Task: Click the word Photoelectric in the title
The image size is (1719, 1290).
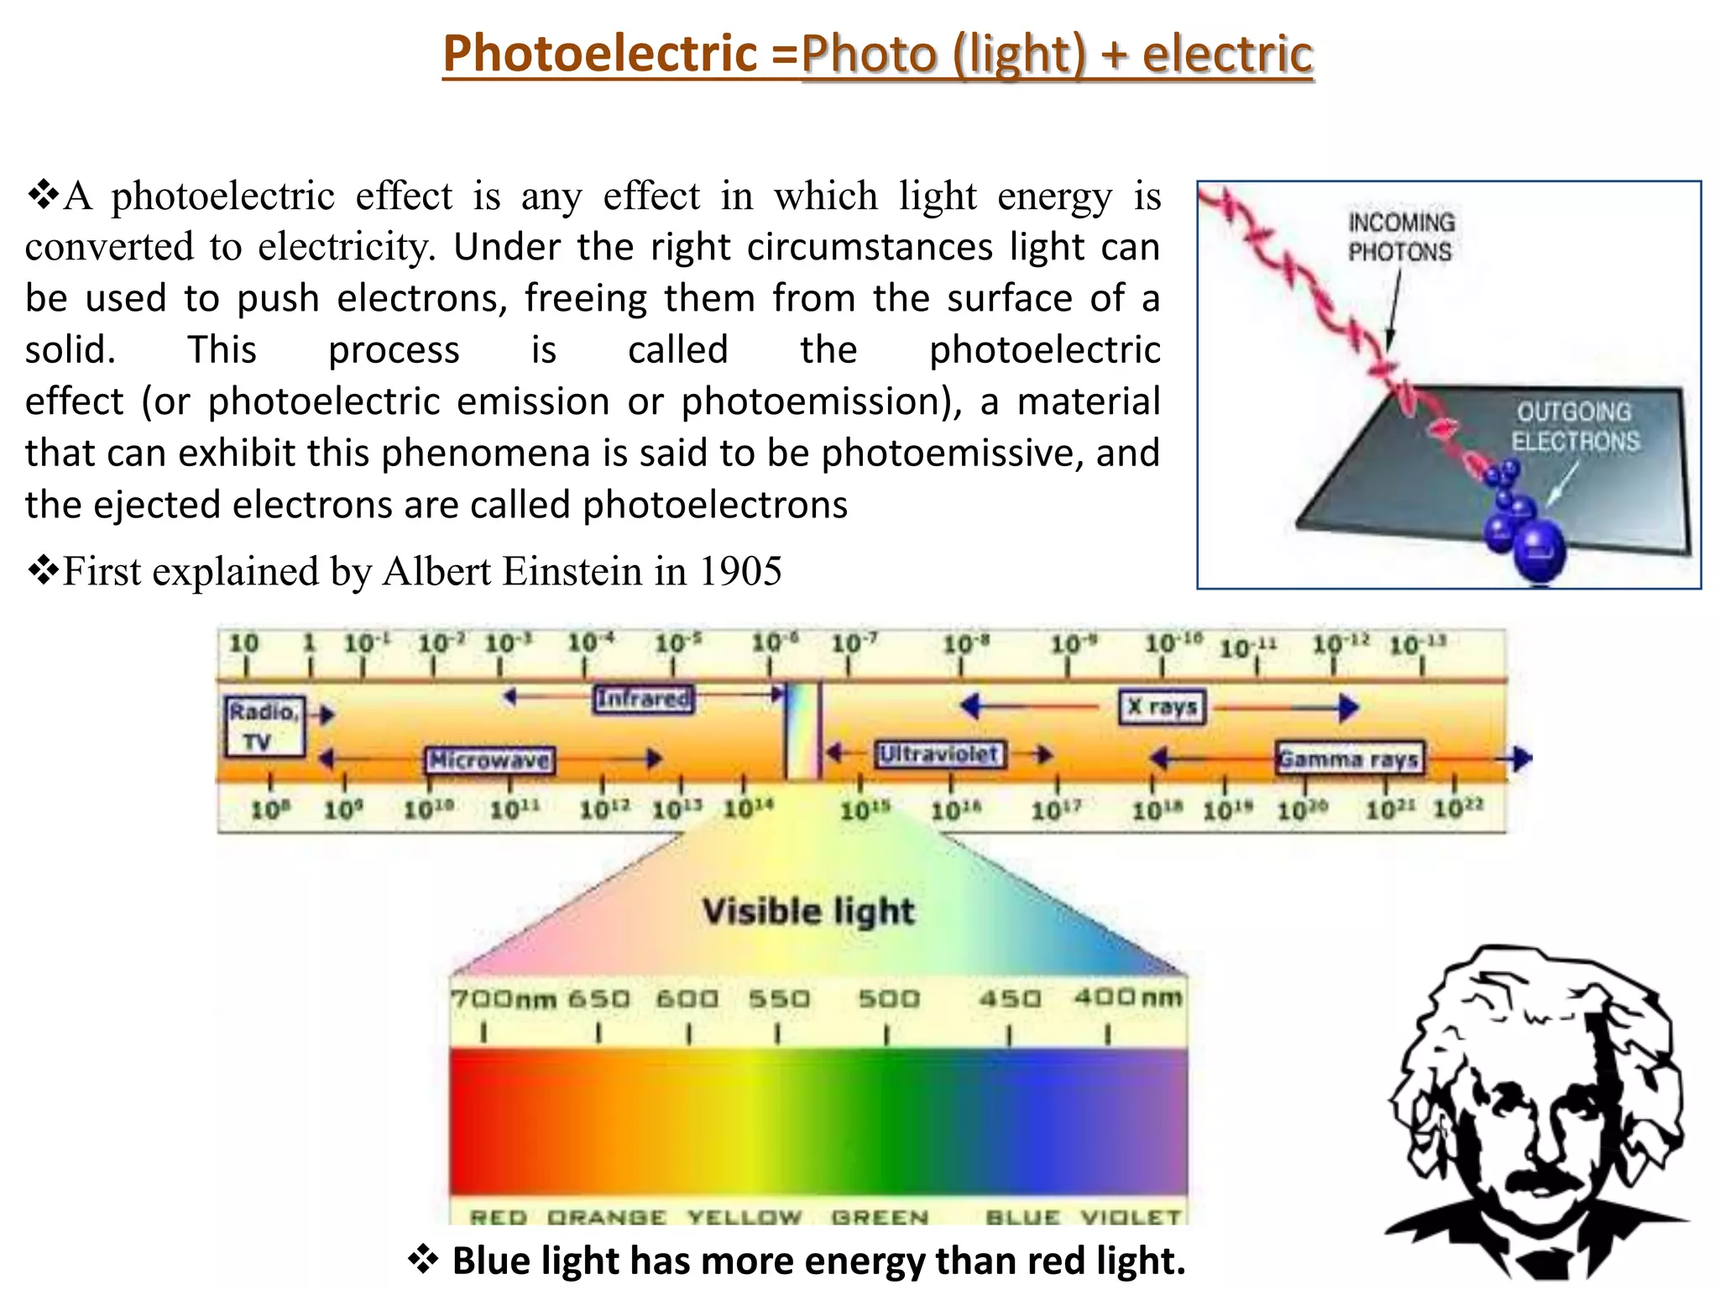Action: tap(600, 54)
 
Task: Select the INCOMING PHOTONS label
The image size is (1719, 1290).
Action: tap(1401, 237)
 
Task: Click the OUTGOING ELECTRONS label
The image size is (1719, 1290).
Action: tap(1575, 427)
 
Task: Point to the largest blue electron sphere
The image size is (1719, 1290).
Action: tap(1539, 550)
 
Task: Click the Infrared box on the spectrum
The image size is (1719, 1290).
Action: tap(644, 699)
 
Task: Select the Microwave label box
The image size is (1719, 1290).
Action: tap(490, 760)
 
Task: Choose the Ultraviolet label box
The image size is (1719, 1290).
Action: tap(938, 753)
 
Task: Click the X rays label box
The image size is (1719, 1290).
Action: tap(1162, 706)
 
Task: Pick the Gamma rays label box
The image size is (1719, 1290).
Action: tap(1349, 758)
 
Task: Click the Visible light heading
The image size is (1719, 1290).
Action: tap(808, 911)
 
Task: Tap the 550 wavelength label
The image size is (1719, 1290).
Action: tap(779, 999)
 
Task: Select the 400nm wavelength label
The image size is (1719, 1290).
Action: tap(1127, 998)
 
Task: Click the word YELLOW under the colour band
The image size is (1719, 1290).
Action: tap(745, 1217)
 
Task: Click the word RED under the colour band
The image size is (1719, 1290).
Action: tap(499, 1217)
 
